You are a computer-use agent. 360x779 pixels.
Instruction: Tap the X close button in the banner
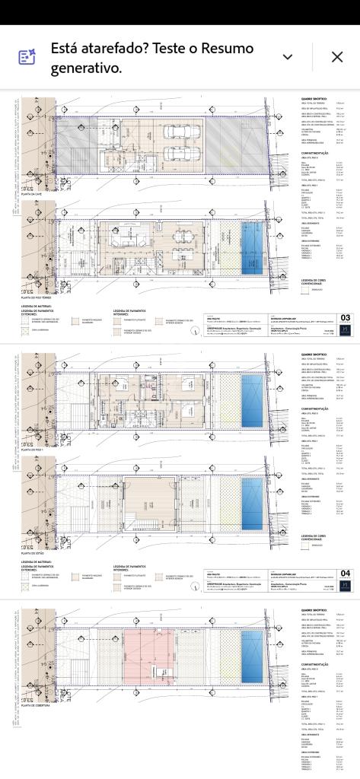[337, 57]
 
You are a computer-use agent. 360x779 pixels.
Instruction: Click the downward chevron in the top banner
[288, 57]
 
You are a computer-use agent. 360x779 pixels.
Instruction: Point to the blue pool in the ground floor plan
[252, 246]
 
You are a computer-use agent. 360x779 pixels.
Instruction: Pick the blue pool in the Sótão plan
[252, 502]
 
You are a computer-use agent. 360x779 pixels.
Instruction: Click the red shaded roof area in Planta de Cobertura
[149, 654]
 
